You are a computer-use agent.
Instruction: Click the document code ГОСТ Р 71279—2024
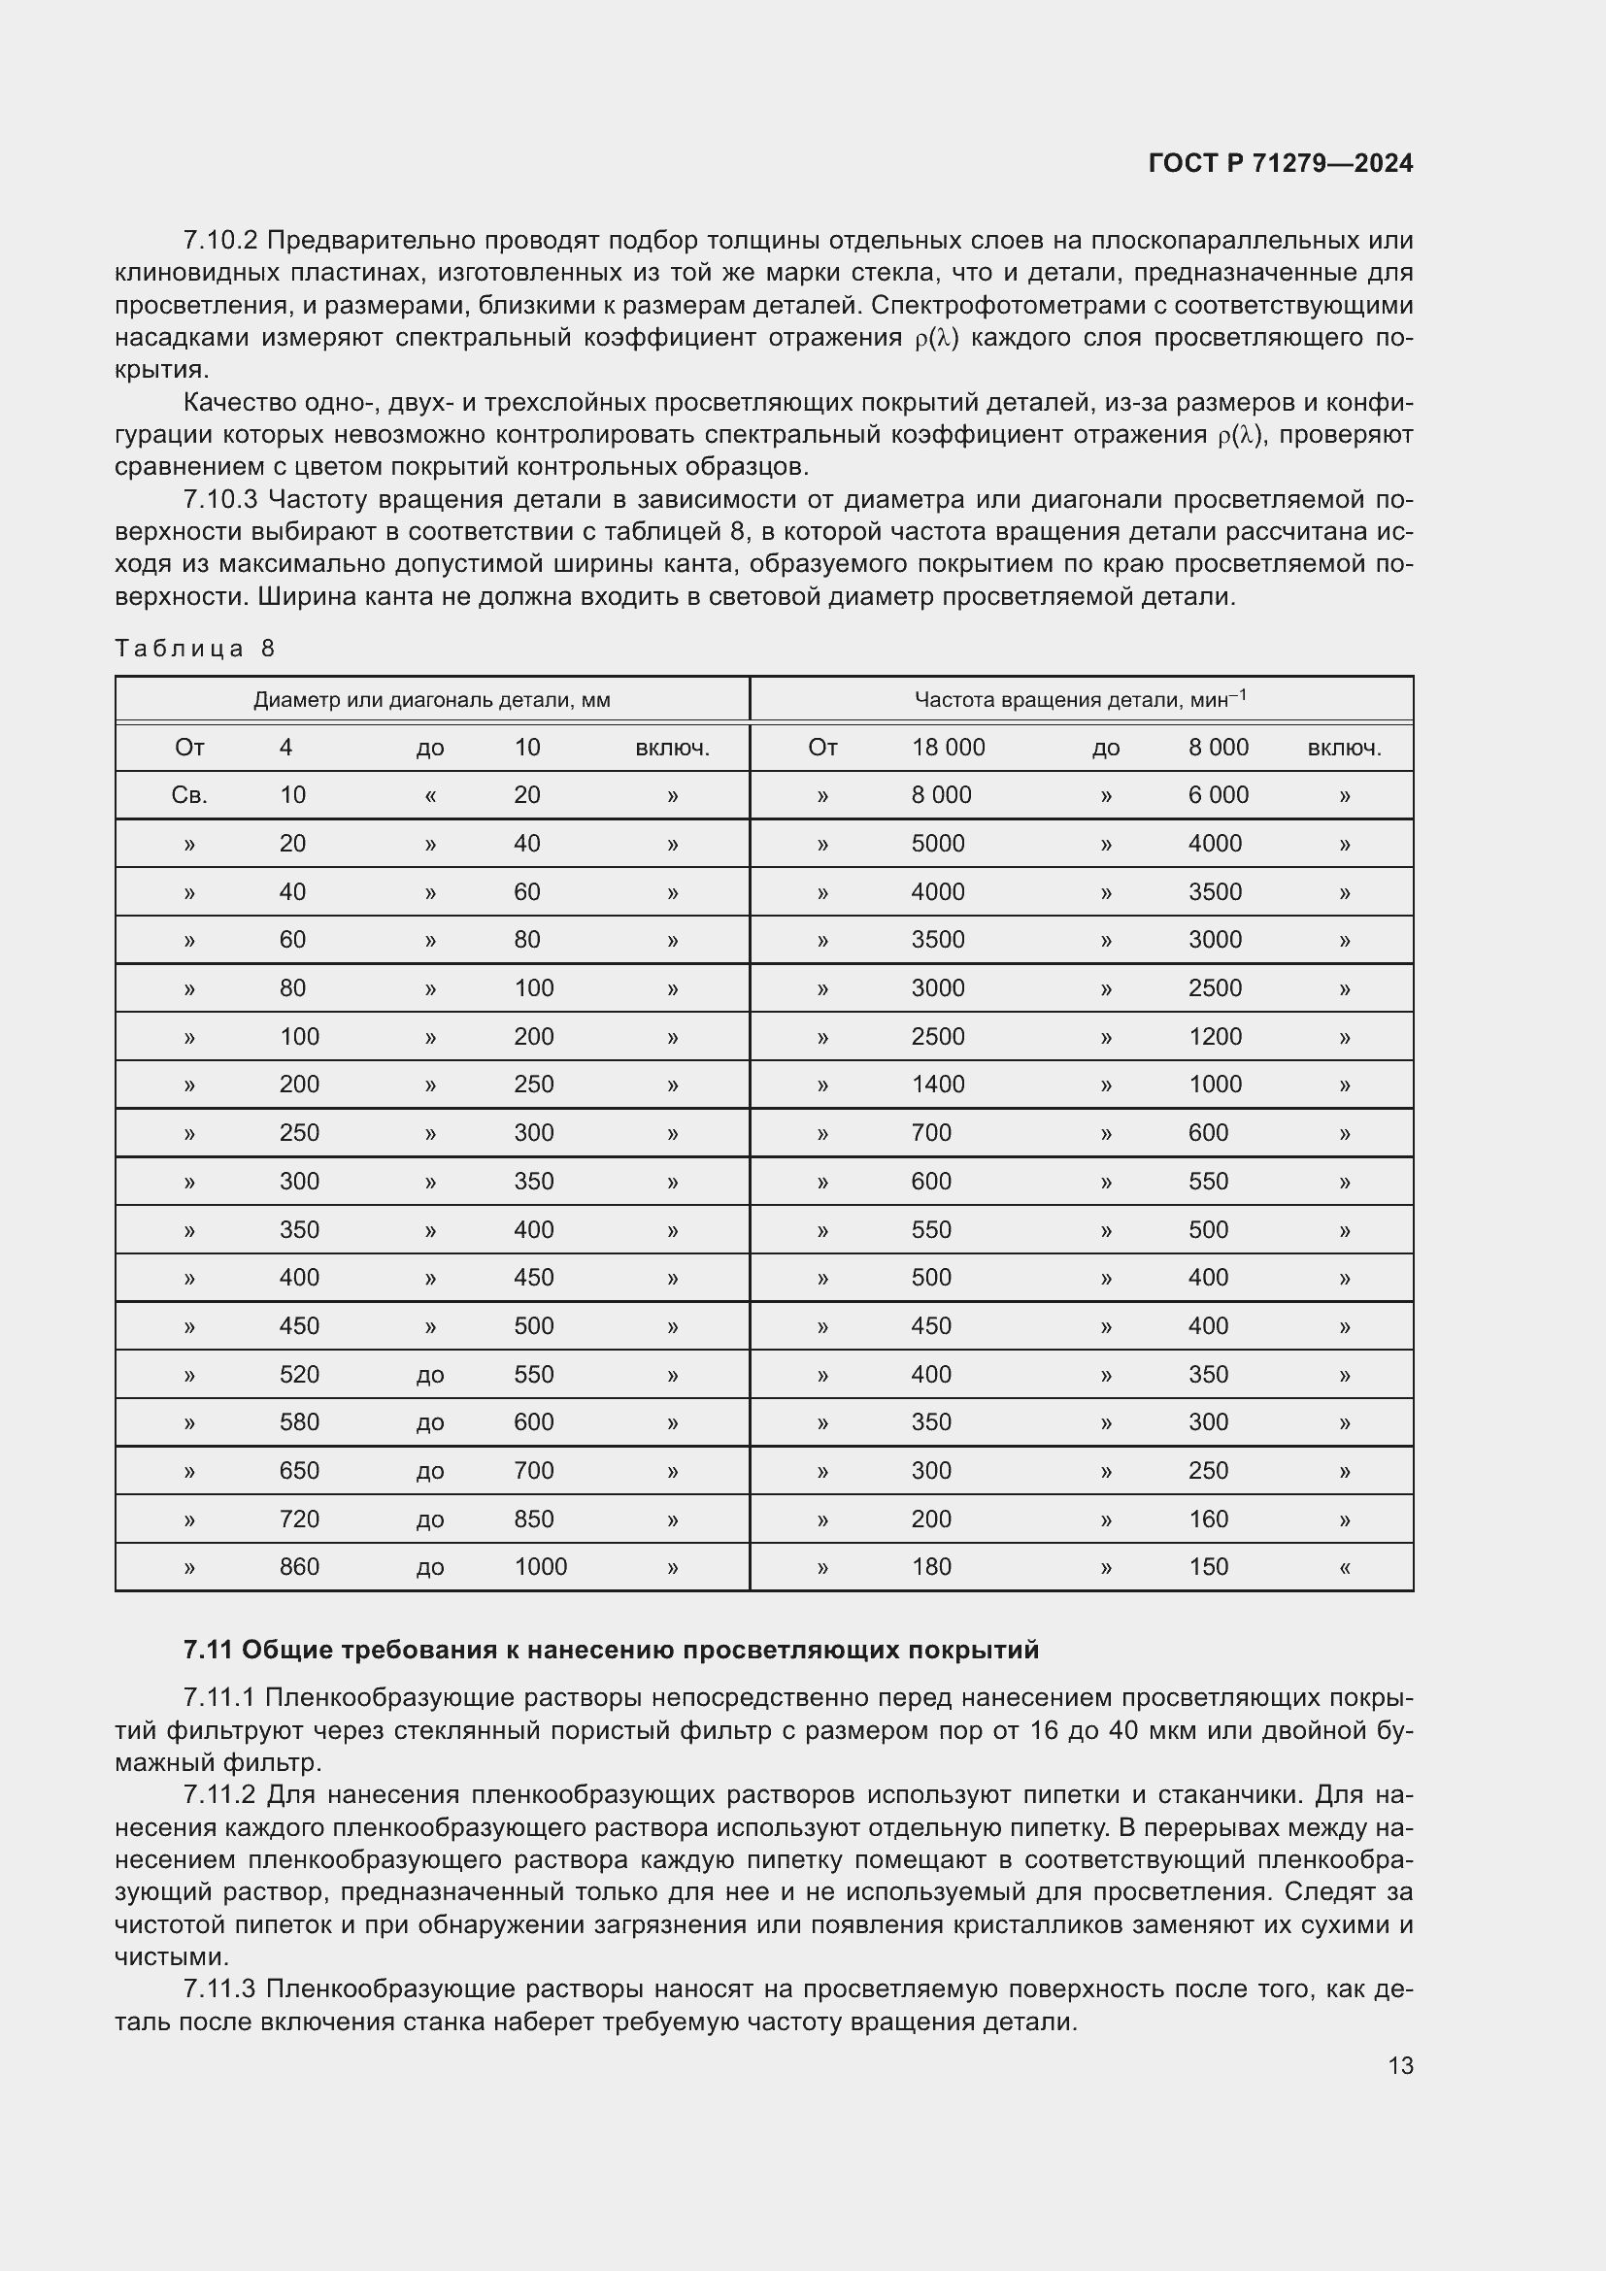[x=1281, y=163]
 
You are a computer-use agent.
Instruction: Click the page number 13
[x=1400, y=2065]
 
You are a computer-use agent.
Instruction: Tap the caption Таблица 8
[x=195, y=648]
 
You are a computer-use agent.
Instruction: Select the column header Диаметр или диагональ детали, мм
[x=431, y=700]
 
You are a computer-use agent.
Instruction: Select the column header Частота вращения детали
[x=1080, y=700]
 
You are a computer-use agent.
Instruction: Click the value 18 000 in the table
[x=948, y=748]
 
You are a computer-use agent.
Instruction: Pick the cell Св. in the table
[x=189, y=795]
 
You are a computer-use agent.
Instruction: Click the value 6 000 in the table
[x=1218, y=795]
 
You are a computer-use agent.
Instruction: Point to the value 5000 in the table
[x=938, y=844]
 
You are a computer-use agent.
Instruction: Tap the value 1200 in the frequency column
[x=1215, y=1037]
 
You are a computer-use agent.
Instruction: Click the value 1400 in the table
[x=938, y=1085]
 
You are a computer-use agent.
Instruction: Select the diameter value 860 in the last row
[x=299, y=1567]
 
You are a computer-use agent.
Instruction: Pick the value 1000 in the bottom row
[x=540, y=1567]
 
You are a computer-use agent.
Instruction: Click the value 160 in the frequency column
[x=1208, y=1520]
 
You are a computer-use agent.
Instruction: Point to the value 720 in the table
[x=299, y=1520]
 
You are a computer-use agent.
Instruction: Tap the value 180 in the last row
[x=930, y=1567]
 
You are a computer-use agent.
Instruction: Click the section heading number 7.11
[x=208, y=1650]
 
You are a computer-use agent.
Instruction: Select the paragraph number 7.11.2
[x=220, y=1795]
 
